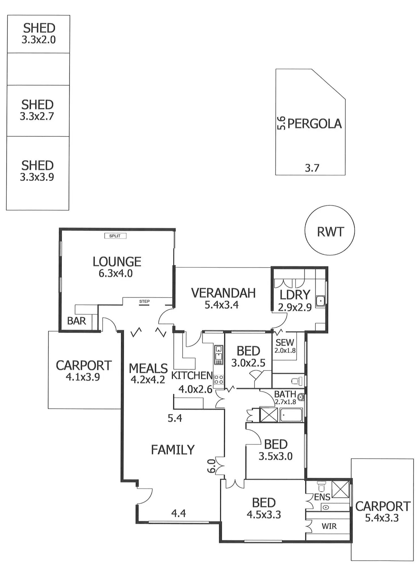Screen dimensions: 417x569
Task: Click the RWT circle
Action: [x=329, y=230]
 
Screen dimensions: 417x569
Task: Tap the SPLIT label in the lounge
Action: [x=115, y=236]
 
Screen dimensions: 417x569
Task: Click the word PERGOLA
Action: [x=314, y=124]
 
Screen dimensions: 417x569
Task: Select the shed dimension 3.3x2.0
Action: [x=39, y=40]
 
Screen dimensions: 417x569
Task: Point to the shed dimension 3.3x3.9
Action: [x=37, y=177]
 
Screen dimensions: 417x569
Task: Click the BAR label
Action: [x=76, y=321]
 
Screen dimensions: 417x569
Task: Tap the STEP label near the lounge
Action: [x=144, y=301]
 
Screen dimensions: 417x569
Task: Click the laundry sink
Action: [x=320, y=301]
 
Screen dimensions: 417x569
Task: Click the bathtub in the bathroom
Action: [x=291, y=415]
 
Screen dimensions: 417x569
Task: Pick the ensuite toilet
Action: [x=321, y=486]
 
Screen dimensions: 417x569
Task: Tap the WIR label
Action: [x=329, y=526]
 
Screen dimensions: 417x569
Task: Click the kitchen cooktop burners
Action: [x=218, y=380]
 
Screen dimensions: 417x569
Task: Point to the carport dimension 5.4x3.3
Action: [x=382, y=518]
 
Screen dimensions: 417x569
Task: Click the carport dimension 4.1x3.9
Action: [x=83, y=377]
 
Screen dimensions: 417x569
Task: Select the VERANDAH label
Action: [x=223, y=293]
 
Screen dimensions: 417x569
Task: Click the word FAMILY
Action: [x=173, y=450]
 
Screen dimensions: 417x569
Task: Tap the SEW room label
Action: [x=285, y=342]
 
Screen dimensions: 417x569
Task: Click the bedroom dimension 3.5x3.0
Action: [x=275, y=456]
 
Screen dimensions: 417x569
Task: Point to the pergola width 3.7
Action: [x=312, y=168]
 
